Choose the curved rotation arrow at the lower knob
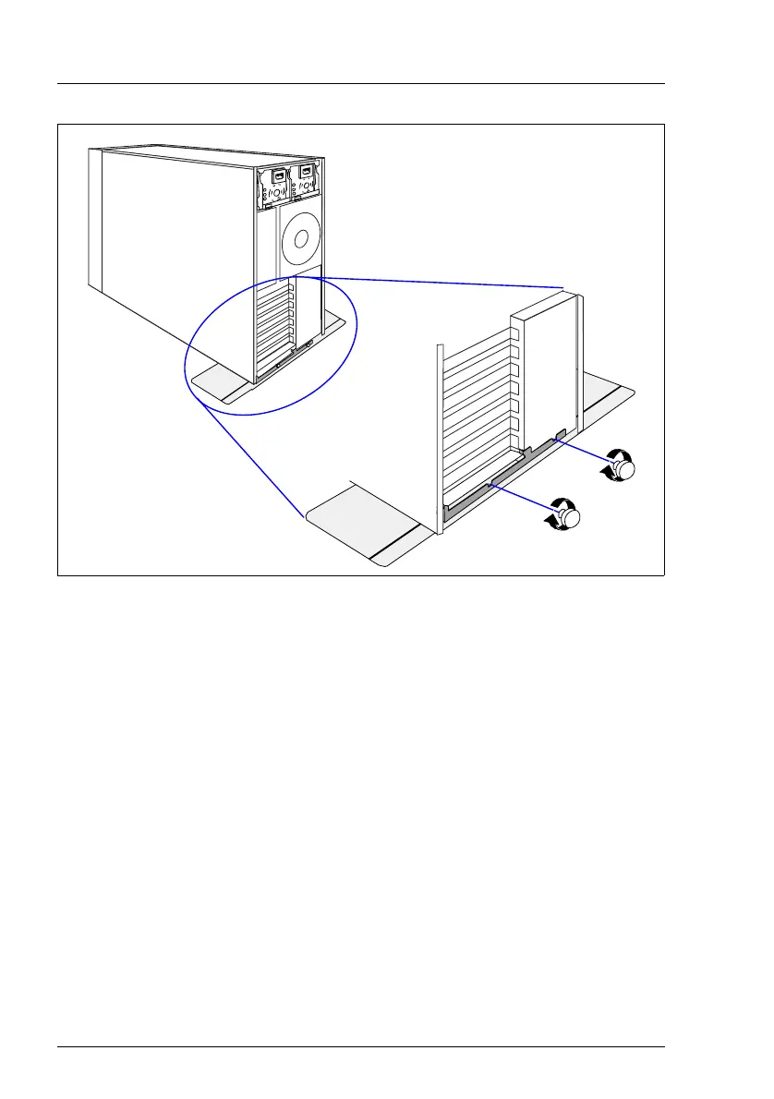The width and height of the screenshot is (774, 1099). coord(559,511)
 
